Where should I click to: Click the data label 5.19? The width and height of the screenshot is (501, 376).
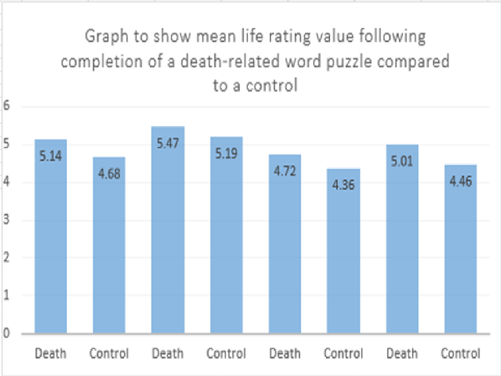click(226, 153)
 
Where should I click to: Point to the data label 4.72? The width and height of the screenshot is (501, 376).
click(285, 171)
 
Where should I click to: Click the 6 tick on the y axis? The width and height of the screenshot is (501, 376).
click(6, 106)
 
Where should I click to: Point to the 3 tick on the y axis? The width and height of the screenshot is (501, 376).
click(6, 220)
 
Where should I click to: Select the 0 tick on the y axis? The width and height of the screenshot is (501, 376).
click(6, 333)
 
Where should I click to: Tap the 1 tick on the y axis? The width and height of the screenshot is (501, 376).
click(6, 295)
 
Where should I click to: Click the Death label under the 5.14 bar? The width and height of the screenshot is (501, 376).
click(50, 353)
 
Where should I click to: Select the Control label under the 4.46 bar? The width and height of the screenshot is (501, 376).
click(460, 353)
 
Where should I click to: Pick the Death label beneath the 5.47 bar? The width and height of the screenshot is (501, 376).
click(168, 353)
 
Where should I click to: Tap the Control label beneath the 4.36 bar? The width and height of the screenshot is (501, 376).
click(343, 353)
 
